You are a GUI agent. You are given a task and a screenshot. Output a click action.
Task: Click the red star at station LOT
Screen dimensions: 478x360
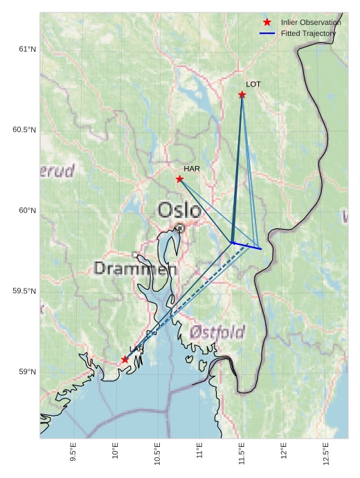point(242,95)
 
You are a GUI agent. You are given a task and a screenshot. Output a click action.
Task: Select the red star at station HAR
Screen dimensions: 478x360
point(180,179)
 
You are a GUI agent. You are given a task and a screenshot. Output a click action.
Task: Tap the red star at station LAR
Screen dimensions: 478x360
point(125,360)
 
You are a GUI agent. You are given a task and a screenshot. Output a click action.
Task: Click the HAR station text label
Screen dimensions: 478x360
point(192,169)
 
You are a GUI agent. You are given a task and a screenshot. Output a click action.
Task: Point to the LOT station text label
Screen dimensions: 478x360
point(253,84)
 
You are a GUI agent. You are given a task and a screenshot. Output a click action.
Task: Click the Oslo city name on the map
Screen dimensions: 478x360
point(180,210)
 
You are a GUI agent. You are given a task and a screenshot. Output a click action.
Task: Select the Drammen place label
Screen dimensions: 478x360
point(136,268)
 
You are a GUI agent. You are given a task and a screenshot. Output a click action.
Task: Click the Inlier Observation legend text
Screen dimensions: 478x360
point(311,23)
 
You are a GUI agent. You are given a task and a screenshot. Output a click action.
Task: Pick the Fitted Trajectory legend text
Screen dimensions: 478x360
point(308,33)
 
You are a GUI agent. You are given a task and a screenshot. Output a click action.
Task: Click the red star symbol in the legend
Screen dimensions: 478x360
point(267,22)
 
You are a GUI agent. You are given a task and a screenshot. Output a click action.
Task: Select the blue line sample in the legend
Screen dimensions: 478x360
point(267,33)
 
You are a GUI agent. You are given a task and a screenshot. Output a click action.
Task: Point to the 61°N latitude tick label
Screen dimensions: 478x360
point(27,49)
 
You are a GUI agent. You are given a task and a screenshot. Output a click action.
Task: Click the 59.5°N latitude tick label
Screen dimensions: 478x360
point(24,291)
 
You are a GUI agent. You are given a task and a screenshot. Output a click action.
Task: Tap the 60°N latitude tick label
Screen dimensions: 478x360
point(27,210)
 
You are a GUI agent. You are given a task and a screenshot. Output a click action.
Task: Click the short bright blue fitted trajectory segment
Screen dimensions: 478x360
point(246,246)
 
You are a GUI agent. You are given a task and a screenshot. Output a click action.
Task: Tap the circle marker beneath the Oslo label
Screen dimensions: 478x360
point(180,228)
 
